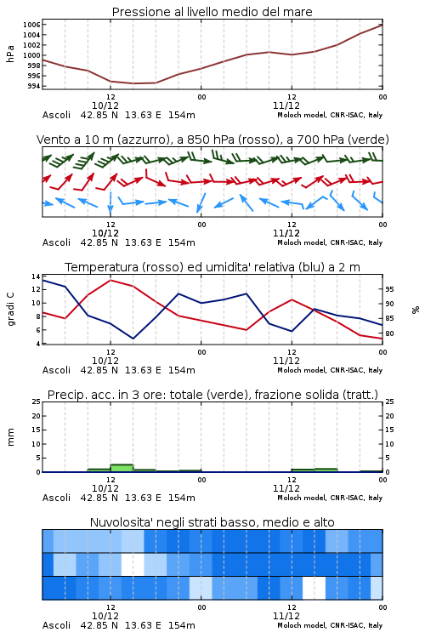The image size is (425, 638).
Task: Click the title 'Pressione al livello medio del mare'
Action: click(212, 12)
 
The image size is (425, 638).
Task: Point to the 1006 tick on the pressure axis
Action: click(31, 25)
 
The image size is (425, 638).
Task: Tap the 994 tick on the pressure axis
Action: click(34, 86)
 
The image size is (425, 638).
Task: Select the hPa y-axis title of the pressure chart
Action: click(10, 54)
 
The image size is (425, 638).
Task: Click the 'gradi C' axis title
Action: click(10, 310)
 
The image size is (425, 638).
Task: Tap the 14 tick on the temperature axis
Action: click(36, 276)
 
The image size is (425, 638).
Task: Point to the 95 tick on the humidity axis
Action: click(389, 289)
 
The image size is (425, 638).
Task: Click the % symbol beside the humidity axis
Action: click(416, 310)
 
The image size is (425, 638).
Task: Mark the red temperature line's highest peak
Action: click(110, 280)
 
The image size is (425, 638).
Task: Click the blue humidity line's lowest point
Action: click(133, 339)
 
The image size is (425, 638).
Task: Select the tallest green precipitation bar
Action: click(122, 468)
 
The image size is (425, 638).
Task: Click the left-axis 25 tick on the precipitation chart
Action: click(37, 402)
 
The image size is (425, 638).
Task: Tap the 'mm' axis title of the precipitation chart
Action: click(10, 437)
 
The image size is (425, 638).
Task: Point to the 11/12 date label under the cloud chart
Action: click(286, 616)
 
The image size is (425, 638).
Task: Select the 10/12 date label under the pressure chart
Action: click(105, 105)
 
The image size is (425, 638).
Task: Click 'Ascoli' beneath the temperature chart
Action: click(56, 370)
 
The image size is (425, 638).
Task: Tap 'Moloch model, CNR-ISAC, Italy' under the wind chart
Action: click(330, 243)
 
